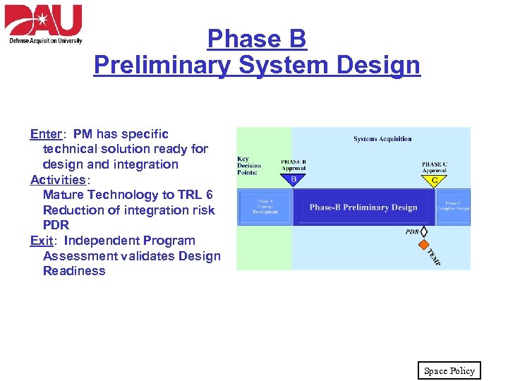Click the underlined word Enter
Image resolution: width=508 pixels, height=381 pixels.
click(44, 134)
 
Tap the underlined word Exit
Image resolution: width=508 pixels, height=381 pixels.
click(41, 241)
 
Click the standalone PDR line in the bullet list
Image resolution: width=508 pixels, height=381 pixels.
click(56, 226)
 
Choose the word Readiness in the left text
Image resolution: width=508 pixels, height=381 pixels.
click(74, 271)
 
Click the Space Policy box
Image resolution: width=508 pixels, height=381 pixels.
click(449, 370)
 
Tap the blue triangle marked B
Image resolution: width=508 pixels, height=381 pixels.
click(294, 180)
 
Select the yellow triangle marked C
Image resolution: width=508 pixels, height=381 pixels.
click(434, 180)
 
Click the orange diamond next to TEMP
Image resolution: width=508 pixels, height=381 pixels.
click(424, 245)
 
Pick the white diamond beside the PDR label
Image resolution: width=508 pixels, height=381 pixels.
click(425, 231)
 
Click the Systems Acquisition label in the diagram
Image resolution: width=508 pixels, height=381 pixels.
click(382, 139)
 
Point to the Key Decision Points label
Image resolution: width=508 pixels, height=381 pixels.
click(248, 166)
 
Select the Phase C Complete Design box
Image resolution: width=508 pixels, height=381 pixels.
click(452, 206)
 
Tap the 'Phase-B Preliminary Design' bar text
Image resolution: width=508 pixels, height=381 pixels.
click(363, 207)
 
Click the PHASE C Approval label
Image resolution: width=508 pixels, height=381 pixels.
click(434, 167)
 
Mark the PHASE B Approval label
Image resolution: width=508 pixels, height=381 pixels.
click(294, 165)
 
